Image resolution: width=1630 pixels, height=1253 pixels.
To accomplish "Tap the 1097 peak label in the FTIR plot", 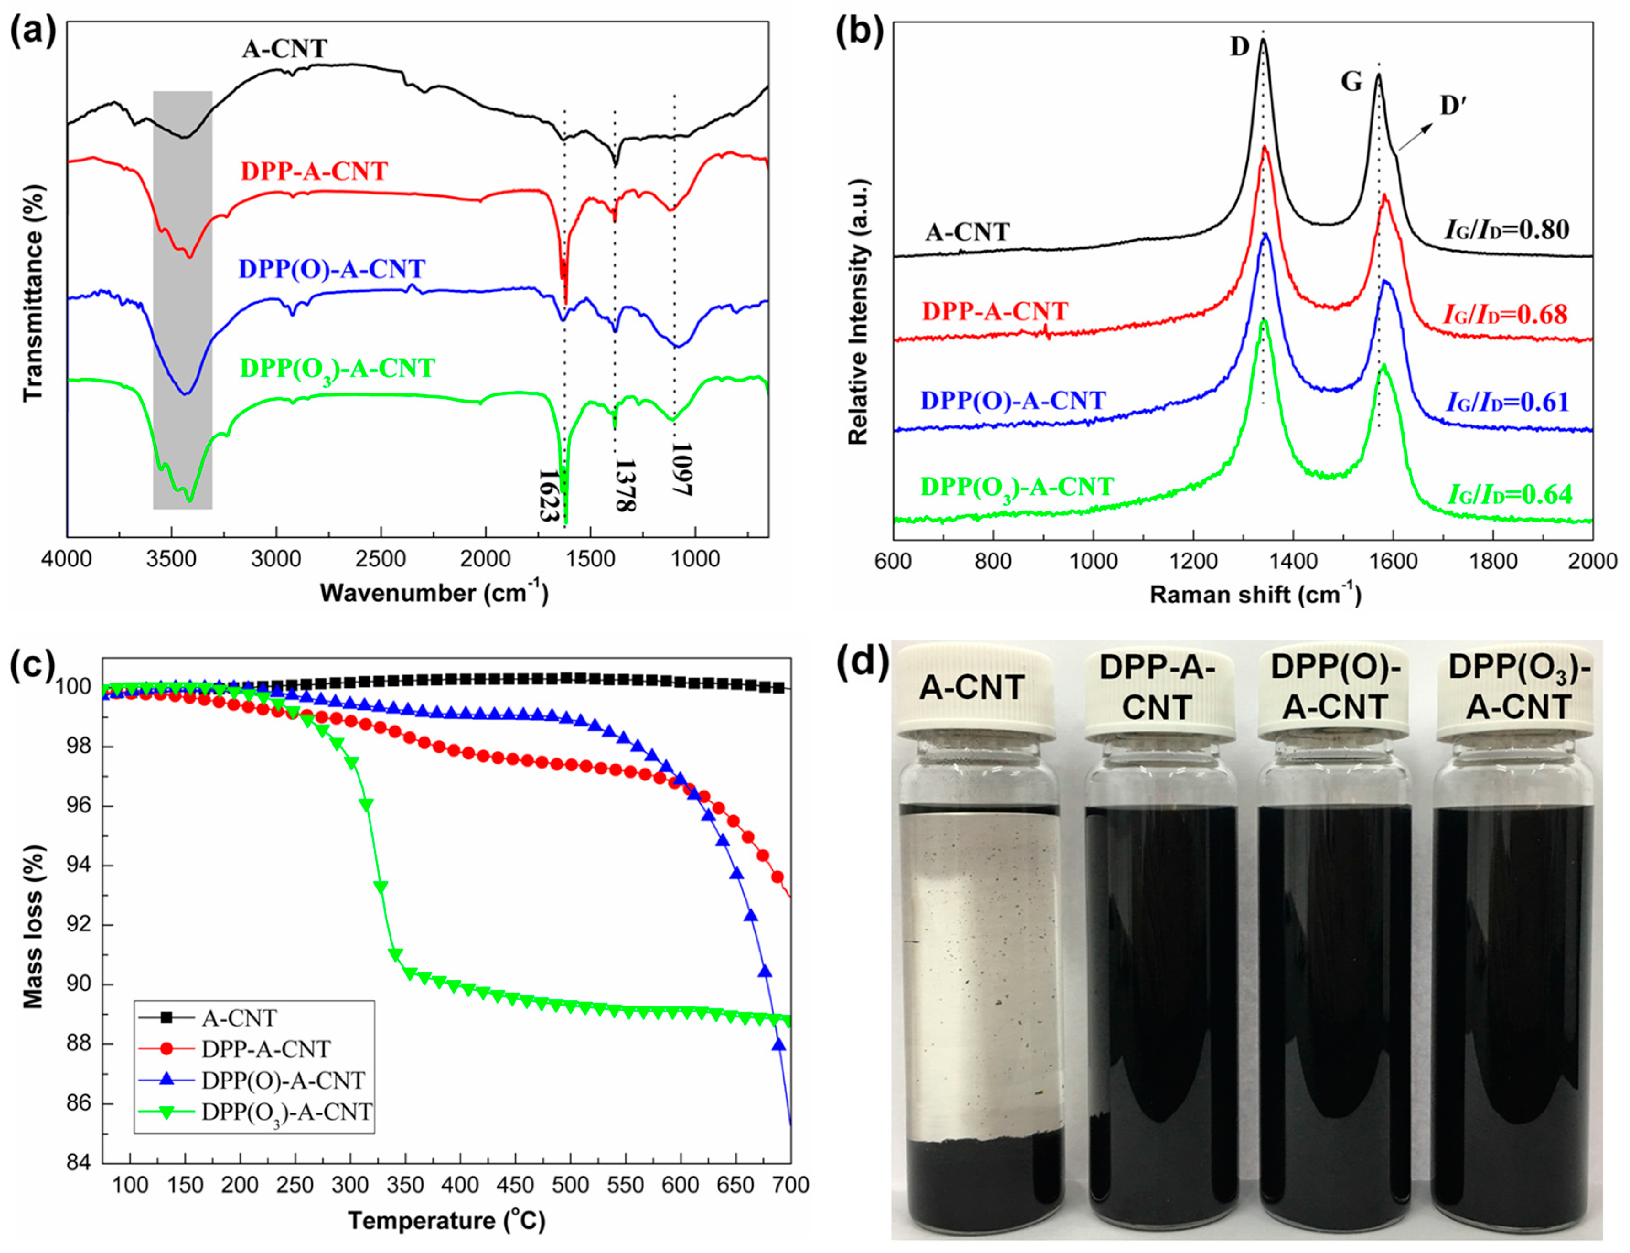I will click(681, 470).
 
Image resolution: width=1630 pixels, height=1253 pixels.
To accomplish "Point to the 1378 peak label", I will click(624, 485).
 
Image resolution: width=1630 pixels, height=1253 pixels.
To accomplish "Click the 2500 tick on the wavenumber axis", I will click(381, 559).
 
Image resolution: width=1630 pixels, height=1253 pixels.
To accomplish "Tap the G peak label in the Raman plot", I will click(1351, 82).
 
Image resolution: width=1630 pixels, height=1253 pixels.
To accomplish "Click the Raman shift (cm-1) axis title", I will click(1255, 594).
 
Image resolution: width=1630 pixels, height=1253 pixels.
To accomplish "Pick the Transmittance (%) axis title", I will click(33, 291).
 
